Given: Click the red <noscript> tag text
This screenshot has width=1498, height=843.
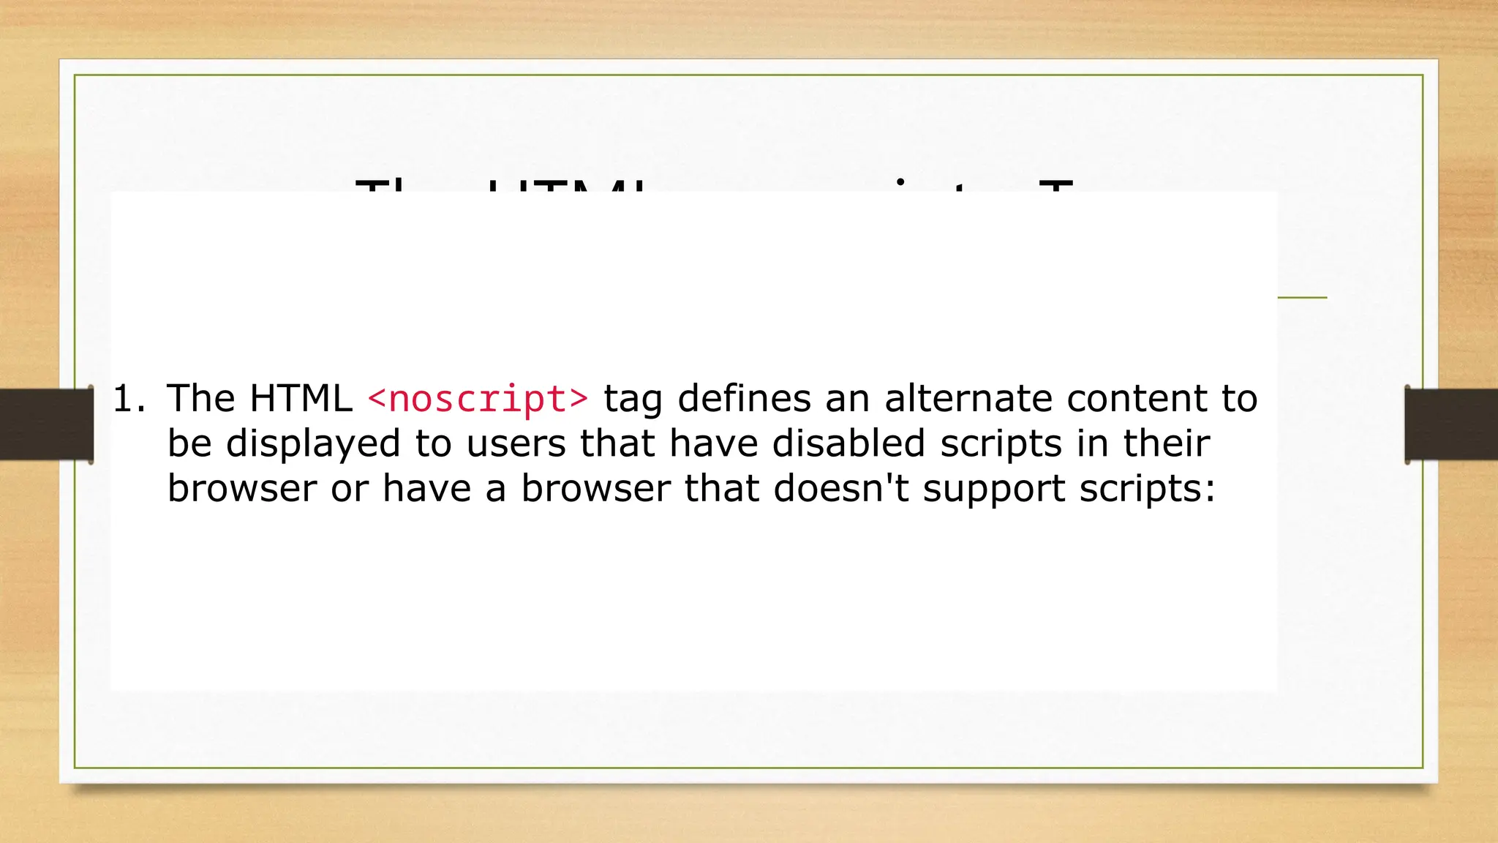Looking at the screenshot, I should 478,399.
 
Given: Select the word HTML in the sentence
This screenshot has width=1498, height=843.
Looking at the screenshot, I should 301,399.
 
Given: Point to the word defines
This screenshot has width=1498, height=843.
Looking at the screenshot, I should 744,399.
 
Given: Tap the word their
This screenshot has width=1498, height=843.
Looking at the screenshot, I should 1166,444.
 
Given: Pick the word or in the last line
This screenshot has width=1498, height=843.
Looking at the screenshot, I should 350,489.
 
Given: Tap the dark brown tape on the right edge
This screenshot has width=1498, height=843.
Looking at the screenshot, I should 1451,424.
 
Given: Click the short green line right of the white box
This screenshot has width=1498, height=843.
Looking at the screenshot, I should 1302,297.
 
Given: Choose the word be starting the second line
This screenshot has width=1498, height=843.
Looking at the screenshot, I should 189,444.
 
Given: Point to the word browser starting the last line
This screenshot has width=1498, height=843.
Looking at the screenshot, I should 241,489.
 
